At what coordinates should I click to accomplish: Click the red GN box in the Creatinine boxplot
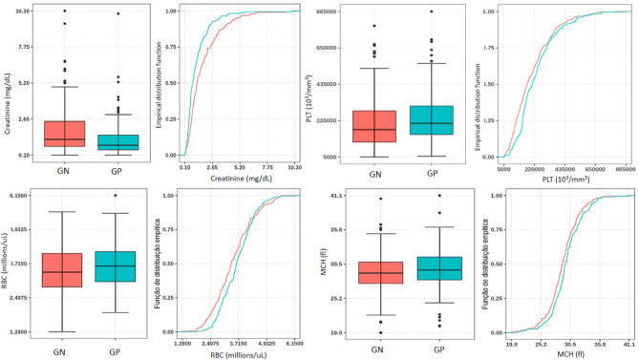(x=64, y=134)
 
